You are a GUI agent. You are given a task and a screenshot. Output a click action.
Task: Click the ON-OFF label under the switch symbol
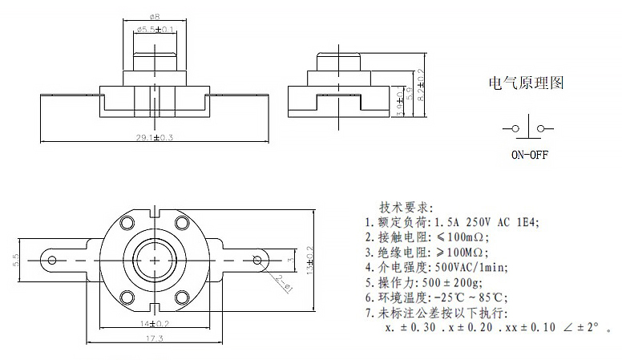click(529, 156)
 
